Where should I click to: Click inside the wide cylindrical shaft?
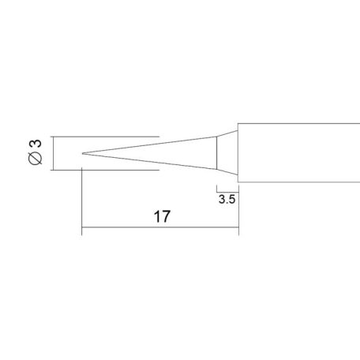[x=300, y=152]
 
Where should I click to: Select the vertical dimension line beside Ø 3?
[x=53, y=152]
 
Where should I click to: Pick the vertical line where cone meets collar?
[x=216, y=152]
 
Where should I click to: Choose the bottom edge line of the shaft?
[x=300, y=182]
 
